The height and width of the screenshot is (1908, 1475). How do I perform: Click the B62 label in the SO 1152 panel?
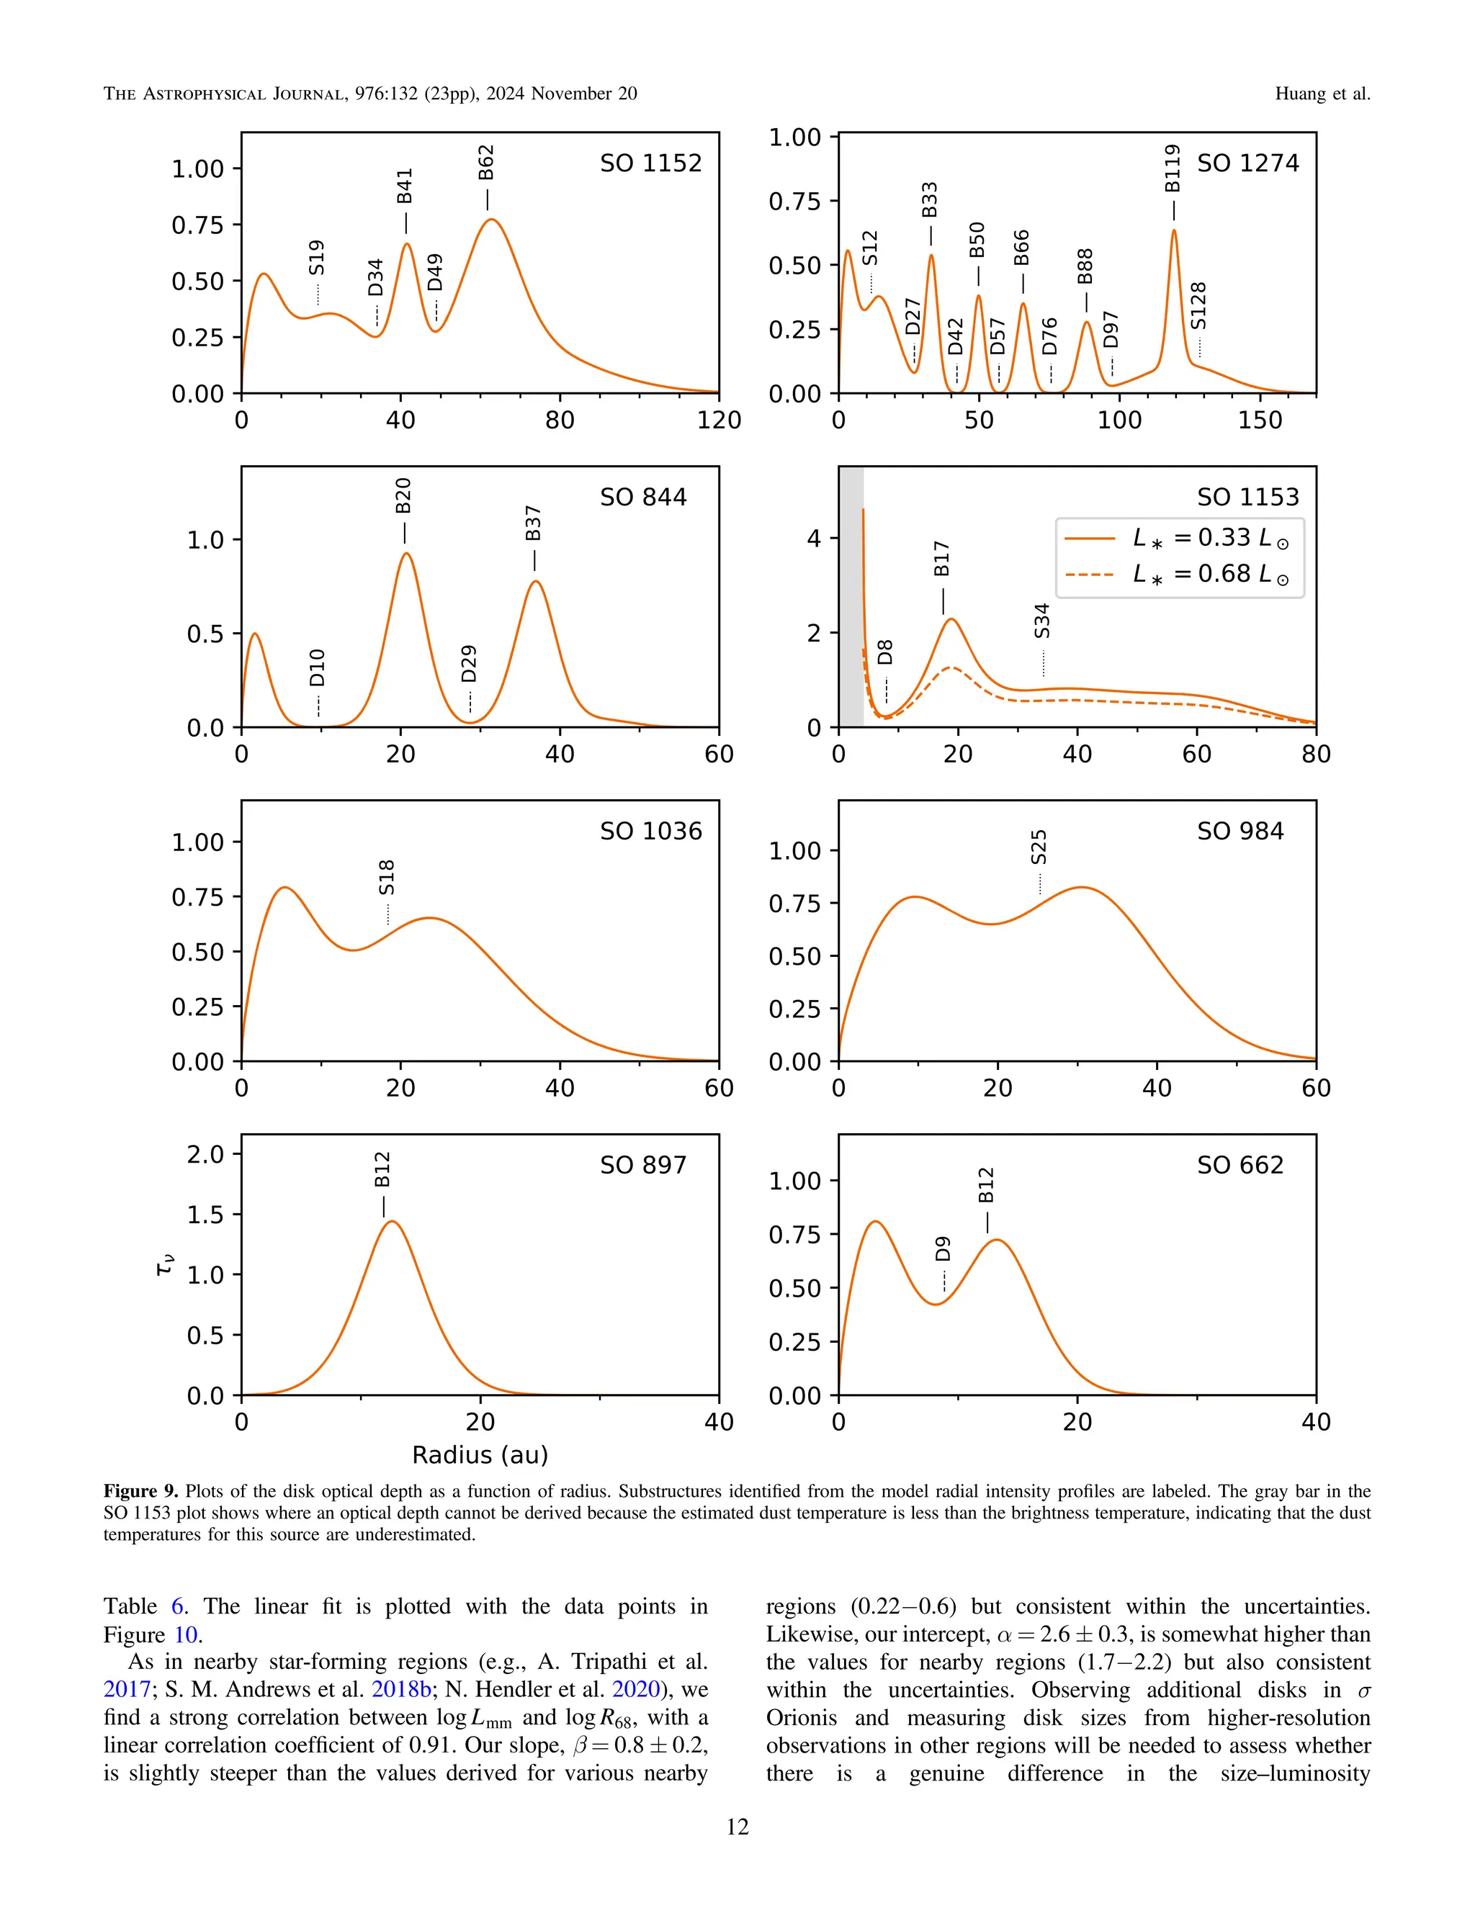tap(487, 163)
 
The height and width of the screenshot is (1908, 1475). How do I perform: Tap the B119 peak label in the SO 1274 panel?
tap(1173, 168)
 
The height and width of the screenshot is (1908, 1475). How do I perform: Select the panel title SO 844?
tap(643, 497)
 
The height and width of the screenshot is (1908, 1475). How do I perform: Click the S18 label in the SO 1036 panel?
tap(387, 878)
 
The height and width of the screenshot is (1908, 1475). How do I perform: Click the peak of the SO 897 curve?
tap(392, 1223)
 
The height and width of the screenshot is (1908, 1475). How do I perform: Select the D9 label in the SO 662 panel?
tap(943, 1249)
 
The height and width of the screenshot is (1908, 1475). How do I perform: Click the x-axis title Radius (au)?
tap(480, 1454)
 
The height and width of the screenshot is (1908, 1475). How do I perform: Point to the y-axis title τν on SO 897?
tap(164, 1266)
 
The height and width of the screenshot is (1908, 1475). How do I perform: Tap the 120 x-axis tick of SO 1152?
tap(718, 420)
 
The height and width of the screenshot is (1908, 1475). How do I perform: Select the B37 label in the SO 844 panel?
tap(534, 523)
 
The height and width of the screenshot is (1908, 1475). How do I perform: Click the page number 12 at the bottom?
tap(737, 1827)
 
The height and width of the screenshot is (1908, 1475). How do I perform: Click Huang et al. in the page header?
tap(1322, 94)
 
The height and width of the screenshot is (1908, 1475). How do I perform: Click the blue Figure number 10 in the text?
tap(185, 1634)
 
